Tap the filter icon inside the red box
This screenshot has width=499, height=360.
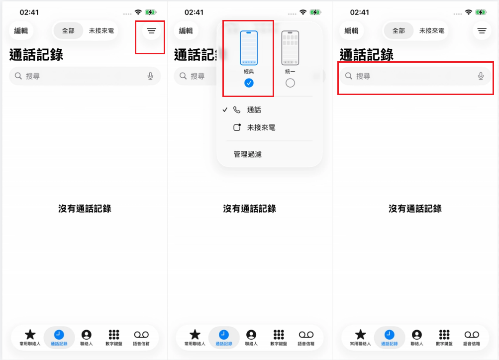pyautogui.click(x=151, y=31)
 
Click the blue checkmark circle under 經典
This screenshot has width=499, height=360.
pyautogui.click(x=249, y=83)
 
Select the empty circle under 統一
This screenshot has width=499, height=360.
pyautogui.click(x=290, y=83)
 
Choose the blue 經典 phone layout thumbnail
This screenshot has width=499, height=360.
pyautogui.click(x=249, y=48)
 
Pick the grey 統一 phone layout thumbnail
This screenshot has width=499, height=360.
pyautogui.click(x=290, y=48)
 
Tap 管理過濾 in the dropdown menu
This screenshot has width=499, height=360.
pyautogui.click(x=248, y=154)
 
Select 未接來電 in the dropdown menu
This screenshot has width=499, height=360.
pyautogui.click(x=261, y=128)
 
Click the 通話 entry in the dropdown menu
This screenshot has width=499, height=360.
pyautogui.click(x=254, y=110)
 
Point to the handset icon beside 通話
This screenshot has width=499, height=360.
pyautogui.click(x=237, y=110)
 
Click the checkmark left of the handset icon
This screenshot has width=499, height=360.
pyautogui.click(x=225, y=110)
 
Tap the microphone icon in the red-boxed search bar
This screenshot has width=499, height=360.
pyautogui.click(x=481, y=76)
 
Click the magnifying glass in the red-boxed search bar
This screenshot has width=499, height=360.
pyautogui.click(x=349, y=76)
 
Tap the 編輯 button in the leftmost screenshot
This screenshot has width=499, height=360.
pyautogui.click(x=21, y=31)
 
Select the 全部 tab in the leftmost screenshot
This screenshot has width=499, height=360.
pyautogui.click(x=68, y=31)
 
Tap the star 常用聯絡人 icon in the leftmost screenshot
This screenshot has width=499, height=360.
pyautogui.click(x=30, y=335)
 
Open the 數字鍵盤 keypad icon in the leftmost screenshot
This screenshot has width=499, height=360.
pyautogui.click(x=114, y=335)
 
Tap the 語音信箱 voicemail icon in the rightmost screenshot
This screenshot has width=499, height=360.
pyautogui.click(x=472, y=335)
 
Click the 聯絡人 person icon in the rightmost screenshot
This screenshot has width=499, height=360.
pyautogui.click(x=417, y=335)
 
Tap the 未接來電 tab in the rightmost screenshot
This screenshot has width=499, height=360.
pyautogui.click(x=432, y=31)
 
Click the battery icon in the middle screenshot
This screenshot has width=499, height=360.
pyautogui.click(x=315, y=12)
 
